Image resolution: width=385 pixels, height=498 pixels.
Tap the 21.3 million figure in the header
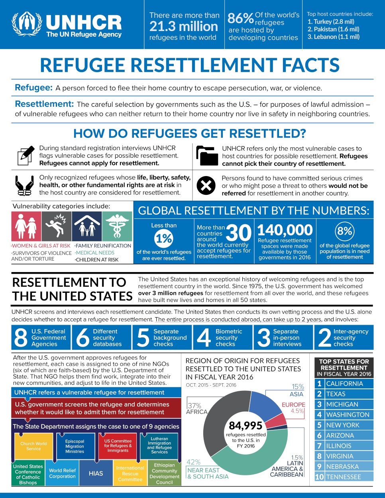[x=184, y=26]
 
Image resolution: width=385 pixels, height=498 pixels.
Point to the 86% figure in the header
[x=240, y=18]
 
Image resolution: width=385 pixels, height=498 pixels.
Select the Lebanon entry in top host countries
[x=333, y=37]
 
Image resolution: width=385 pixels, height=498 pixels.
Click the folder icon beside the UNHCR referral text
[x=207, y=155]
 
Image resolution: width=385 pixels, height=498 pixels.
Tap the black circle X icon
[x=206, y=186]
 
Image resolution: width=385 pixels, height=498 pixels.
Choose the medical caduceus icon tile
[x=117, y=226]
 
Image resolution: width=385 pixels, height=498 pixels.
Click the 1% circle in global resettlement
[x=163, y=239]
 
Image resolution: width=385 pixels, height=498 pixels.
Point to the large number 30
[x=238, y=233]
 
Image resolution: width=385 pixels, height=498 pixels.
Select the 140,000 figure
[x=285, y=230]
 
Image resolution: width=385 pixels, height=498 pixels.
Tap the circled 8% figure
[x=344, y=231]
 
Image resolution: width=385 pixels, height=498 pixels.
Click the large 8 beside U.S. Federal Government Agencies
[x=21, y=337]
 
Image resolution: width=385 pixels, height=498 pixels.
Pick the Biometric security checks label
[x=228, y=337]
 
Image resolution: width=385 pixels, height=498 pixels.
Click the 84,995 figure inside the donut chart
[x=246, y=425]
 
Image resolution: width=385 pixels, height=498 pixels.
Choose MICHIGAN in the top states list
[x=342, y=404]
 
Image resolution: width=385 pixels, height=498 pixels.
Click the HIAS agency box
[x=96, y=473]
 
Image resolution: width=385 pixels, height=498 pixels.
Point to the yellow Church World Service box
[x=33, y=446]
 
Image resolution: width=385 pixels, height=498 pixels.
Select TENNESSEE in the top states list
[x=343, y=477]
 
